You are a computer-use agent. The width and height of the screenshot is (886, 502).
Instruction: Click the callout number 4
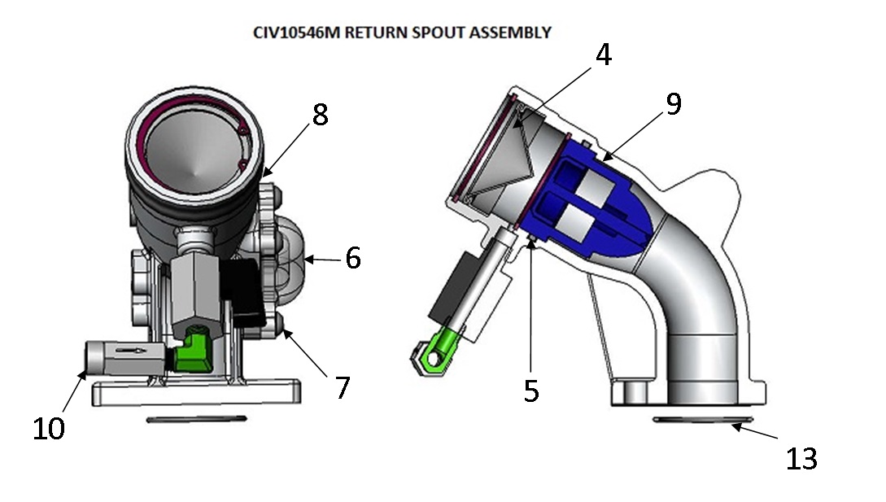tap(603, 55)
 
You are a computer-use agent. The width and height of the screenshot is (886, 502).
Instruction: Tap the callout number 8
tap(320, 115)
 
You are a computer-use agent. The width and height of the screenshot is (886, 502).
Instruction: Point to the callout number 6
tap(352, 258)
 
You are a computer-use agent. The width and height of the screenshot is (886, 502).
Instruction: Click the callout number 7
tap(343, 387)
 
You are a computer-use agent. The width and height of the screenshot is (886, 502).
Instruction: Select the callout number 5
tap(530, 391)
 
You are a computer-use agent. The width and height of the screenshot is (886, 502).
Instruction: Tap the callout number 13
tap(801, 459)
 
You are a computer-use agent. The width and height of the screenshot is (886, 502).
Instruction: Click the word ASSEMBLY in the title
tap(514, 33)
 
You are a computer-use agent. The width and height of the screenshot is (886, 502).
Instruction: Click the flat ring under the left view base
tap(197, 419)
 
